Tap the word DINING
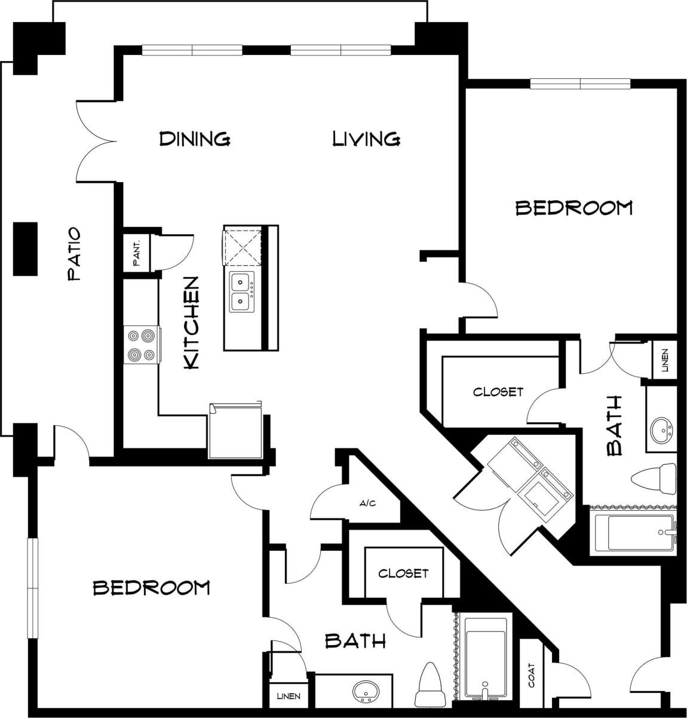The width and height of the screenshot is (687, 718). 195,139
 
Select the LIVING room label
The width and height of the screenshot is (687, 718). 366,139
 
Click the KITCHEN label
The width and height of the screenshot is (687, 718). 191,323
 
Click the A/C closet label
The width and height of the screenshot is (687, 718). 367,504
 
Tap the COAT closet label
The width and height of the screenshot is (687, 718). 531,675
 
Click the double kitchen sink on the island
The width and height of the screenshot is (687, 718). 242,292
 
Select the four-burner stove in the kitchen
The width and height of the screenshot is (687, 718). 142,345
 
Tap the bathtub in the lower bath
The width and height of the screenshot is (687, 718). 485,657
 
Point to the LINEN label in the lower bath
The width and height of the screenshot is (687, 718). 288,696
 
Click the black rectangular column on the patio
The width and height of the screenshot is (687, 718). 26,248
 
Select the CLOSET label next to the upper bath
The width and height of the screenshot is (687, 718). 498,392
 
